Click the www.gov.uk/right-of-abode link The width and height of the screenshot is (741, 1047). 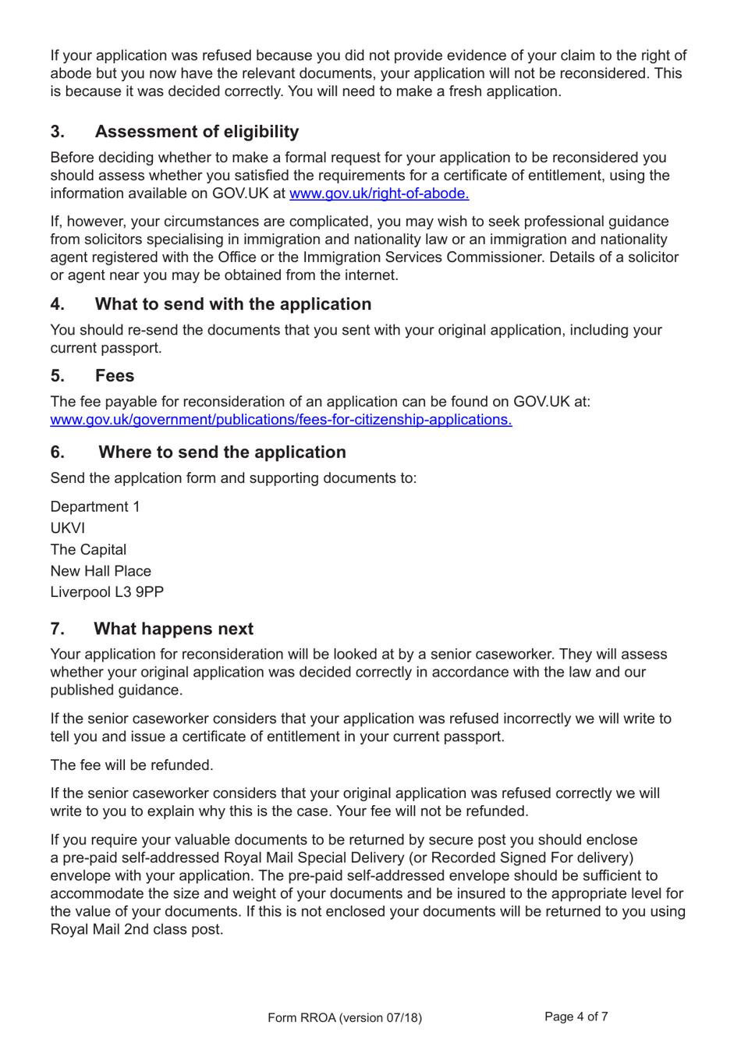pyautogui.click(x=379, y=193)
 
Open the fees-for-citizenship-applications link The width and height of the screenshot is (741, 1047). pyautogui.click(x=281, y=420)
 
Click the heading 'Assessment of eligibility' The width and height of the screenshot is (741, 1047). pyautogui.click(x=197, y=132)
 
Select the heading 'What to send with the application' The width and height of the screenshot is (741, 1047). pyautogui.click(x=232, y=304)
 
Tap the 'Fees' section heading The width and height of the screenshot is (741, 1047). pyautogui.click(x=115, y=376)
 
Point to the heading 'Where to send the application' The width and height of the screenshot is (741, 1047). pyautogui.click(x=222, y=453)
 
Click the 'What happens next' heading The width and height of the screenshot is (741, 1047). pyautogui.click(x=173, y=629)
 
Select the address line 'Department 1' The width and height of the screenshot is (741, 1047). pyautogui.click(x=95, y=507)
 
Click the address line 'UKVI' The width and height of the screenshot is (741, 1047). pyautogui.click(x=68, y=528)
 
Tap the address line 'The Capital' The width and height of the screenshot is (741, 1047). pyautogui.click(x=88, y=550)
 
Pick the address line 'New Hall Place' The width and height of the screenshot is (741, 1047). pyautogui.click(x=101, y=571)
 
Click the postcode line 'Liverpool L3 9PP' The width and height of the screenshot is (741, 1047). pyautogui.click(x=107, y=592)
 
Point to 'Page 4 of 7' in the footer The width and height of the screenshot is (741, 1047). pyautogui.click(x=576, y=1017)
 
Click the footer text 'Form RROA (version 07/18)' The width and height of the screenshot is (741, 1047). pyautogui.click(x=344, y=1017)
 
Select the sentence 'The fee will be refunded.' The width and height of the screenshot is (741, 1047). pyautogui.click(x=132, y=765)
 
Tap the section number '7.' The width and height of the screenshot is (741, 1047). pyautogui.click(x=58, y=629)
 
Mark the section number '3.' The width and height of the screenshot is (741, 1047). pyautogui.click(x=58, y=132)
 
